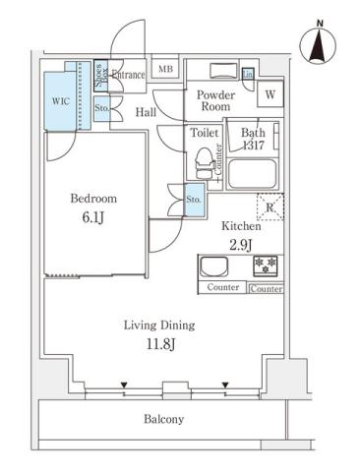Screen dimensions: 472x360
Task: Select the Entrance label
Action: point(128,75)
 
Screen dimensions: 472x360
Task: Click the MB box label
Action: point(166,69)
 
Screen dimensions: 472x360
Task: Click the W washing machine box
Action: point(270,94)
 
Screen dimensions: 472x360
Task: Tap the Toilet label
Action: point(204,130)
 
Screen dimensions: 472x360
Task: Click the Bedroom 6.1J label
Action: point(87,206)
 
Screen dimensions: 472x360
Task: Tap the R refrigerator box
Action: point(269,206)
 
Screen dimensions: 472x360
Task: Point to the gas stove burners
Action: point(266,265)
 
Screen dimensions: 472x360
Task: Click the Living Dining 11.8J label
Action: point(158,335)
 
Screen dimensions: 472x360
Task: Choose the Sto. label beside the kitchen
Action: point(193,199)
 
